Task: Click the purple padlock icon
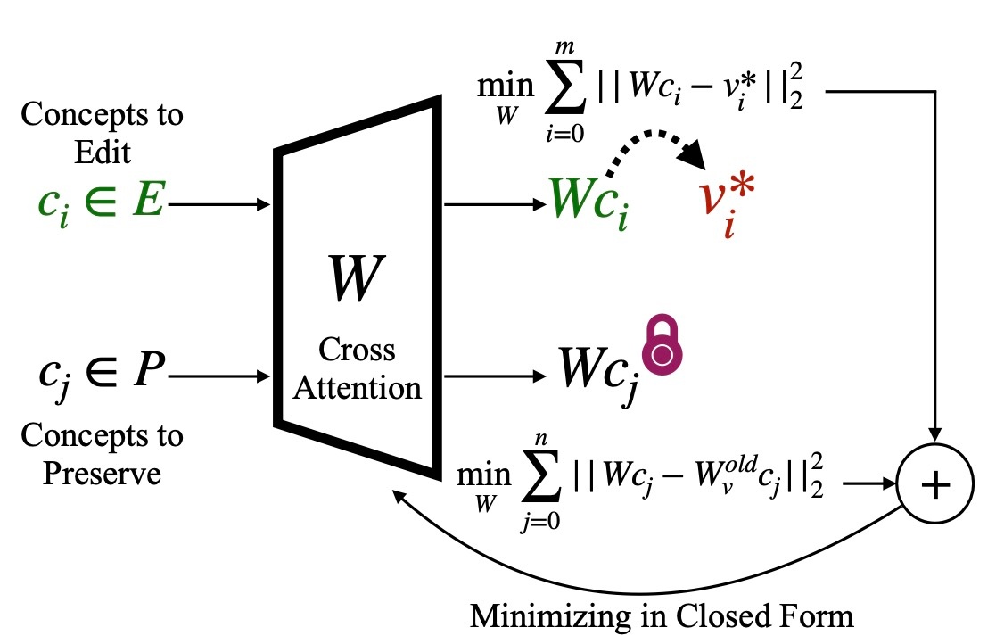[661, 346]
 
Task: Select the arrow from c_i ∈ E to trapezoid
[219, 205]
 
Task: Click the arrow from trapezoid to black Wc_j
[495, 376]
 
